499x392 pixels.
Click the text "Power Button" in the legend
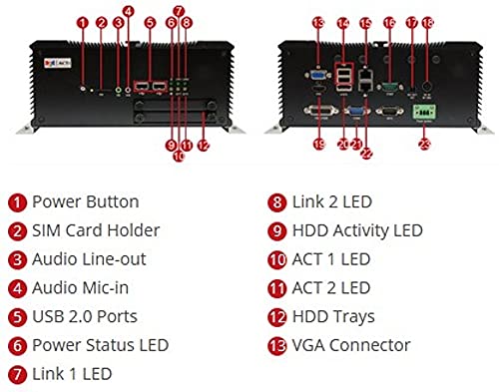click(85, 202)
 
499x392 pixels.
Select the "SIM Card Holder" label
click(95, 231)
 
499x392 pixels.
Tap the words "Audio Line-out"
click(88, 259)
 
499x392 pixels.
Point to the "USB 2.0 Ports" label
click(85, 316)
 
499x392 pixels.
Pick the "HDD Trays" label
click(333, 316)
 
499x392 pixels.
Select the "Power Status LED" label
click(100, 345)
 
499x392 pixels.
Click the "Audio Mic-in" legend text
click(80, 288)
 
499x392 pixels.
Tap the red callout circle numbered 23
click(424, 144)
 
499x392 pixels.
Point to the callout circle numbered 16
click(389, 21)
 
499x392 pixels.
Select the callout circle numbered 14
click(343, 21)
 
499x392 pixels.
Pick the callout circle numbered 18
click(427, 21)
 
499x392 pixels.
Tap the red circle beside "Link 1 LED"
click(17, 374)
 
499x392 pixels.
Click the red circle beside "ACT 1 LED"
click(277, 259)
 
